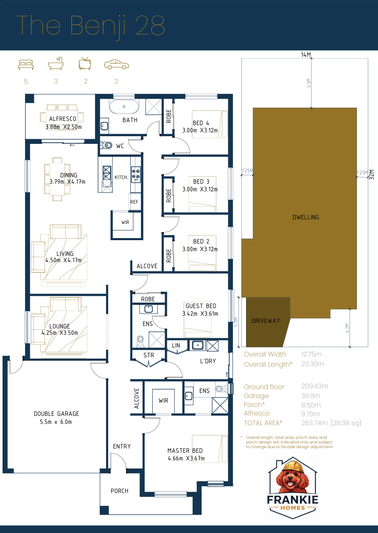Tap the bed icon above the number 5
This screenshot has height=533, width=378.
pos(26,65)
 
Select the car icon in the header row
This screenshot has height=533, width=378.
pos(116,65)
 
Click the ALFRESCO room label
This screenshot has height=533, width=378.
pos(63,119)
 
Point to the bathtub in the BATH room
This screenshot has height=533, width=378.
pos(124,106)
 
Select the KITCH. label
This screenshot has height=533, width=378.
pos(121,177)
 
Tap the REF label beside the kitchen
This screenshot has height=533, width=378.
pos(134,202)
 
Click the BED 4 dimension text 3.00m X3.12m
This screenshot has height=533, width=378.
pos(200,130)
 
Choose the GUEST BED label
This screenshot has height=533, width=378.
pos(201,306)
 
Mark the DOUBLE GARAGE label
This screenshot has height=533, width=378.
pos(56,414)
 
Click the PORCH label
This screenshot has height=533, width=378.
pos(119,491)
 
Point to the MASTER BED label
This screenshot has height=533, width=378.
pos(185,451)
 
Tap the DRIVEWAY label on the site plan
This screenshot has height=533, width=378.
pos(266,321)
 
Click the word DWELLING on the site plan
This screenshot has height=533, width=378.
pos(305,217)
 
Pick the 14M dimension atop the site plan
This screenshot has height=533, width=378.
pos(306,55)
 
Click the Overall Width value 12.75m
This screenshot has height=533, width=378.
pos(311,354)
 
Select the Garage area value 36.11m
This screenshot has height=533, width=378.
pos(311,396)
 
